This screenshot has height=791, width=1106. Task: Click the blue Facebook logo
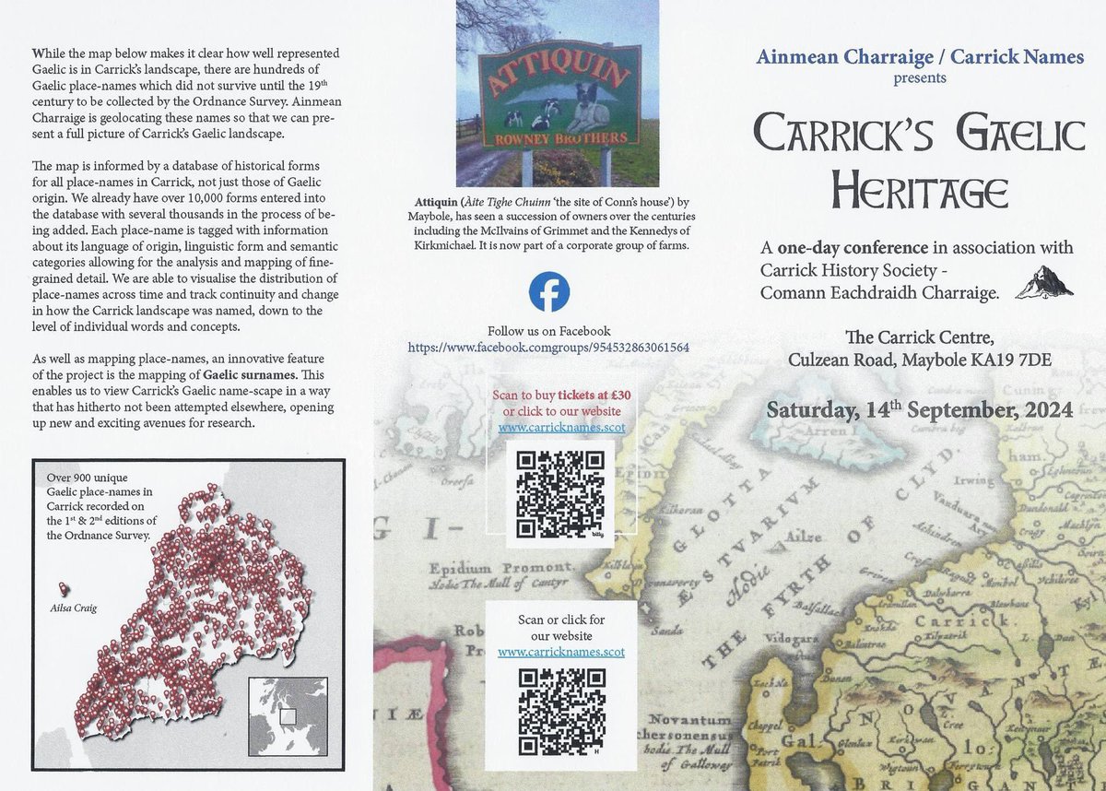(549, 292)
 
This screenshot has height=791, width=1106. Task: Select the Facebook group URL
(548, 348)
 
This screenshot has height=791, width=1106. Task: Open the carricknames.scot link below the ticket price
(561, 428)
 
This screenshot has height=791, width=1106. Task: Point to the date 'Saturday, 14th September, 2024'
(919, 409)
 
